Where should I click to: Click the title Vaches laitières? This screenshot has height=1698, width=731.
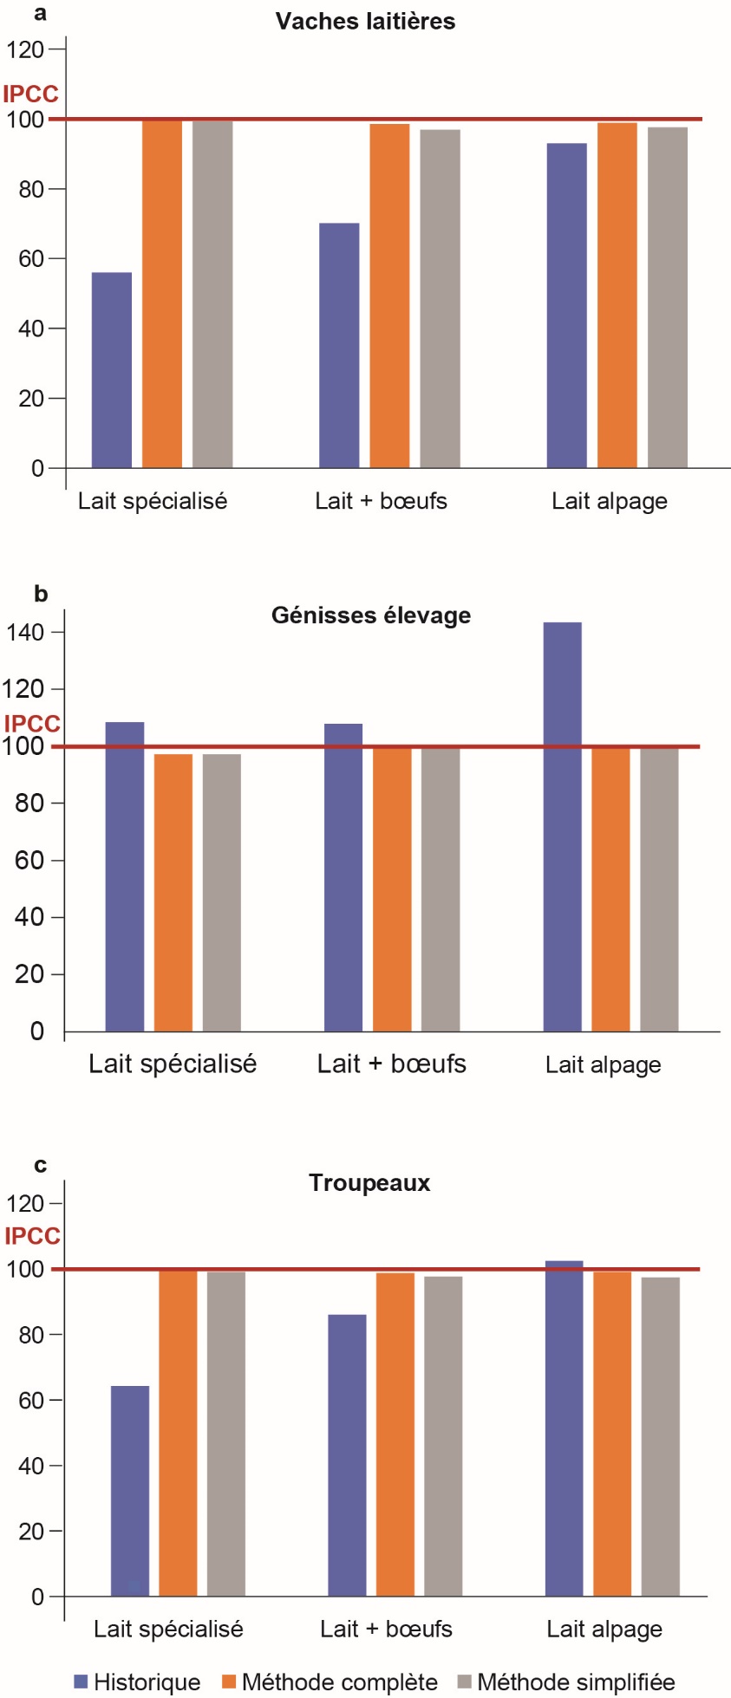click(365, 22)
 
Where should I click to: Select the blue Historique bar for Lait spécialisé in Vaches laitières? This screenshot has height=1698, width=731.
click(112, 370)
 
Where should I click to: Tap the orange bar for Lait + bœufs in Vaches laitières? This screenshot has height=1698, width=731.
click(389, 296)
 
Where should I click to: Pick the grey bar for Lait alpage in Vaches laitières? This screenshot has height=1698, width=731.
click(667, 297)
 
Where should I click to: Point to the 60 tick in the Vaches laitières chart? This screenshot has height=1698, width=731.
click(31, 259)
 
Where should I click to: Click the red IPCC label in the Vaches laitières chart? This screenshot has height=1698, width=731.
click(30, 94)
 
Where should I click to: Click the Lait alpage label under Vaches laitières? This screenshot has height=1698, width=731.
click(610, 501)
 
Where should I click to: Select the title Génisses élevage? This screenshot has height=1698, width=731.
click(371, 615)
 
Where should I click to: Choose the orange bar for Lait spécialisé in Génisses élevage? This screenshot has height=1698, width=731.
click(173, 893)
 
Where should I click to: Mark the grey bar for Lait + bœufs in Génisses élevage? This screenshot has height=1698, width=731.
click(441, 888)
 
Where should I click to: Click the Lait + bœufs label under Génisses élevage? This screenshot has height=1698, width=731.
click(392, 1064)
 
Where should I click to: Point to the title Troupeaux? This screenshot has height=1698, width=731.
click(369, 1183)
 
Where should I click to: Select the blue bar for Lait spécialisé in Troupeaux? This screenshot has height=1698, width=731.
click(130, 1491)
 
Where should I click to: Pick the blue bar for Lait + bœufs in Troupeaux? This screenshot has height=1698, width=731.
click(347, 1455)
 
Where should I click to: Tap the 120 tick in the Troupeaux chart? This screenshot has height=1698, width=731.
click(25, 1204)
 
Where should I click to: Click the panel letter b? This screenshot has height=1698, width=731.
click(41, 595)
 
